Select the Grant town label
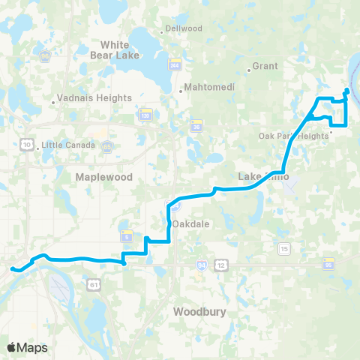[265, 66]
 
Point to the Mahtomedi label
[209, 87]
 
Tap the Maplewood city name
[103, 177]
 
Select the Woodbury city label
[199, 310]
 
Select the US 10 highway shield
[27, 144]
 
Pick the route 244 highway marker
[175, 65]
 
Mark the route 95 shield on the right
[328, 264]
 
